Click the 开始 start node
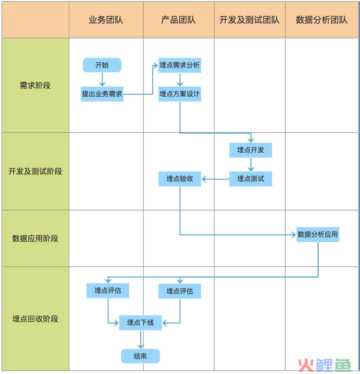point(102,65)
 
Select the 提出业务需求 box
point(102,94)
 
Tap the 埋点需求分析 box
point(180,65)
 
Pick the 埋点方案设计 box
point(180,94)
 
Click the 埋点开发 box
point(250,150)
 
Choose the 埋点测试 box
point(250,179)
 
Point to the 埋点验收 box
point(180,179)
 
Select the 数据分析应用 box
point(318,235)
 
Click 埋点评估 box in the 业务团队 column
point(108,291)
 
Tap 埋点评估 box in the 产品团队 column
point(180,291)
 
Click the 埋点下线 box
point(140,323)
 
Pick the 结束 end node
point(140,356)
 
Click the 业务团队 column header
point(106,20)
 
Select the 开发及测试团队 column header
point(250,20)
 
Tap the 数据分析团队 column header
point(322,20)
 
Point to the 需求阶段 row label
point(35,86)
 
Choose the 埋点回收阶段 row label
point(35,319)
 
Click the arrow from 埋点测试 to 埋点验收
point(215,179)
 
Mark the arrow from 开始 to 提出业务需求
point(102,79)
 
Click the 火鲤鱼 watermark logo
point(324,365)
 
